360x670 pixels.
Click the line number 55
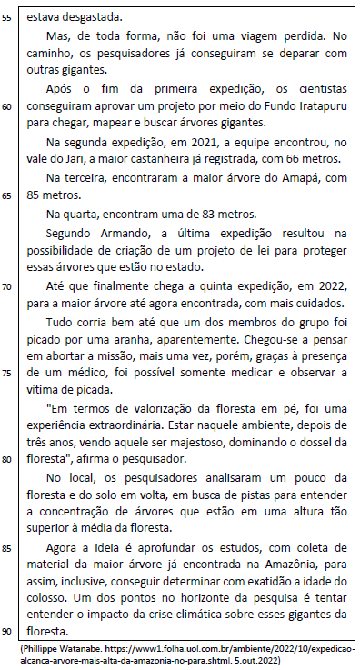point(8,17)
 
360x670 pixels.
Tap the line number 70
point(8,285)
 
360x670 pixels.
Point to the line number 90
point(8,631)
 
